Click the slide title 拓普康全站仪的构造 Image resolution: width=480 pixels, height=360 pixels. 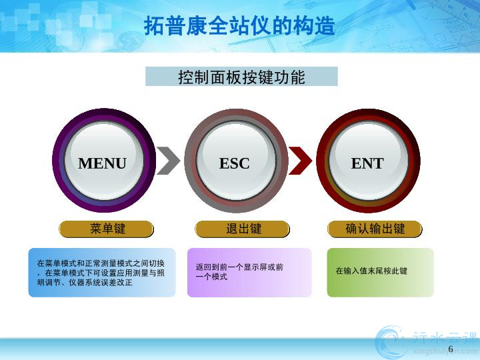pyautogui.click(x=239, y=26)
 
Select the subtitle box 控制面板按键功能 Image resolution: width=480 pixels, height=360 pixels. pyautogui.click(x=241, y=77)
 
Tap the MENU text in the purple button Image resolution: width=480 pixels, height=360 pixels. pyautogui.click(x=102, y=163)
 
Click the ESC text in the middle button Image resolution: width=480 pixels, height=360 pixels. pyautogui.click(x=235, y=163)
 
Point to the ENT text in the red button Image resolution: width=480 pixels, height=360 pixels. pyautogui.click(x=367, y=163)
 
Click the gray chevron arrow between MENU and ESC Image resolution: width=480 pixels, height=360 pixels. pyautogui.click(x=169, y=161)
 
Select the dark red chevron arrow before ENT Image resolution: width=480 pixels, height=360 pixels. pyautogui.click(x=301, y=161)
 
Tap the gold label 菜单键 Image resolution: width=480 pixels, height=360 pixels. pyautogui.click(x=106, y=229)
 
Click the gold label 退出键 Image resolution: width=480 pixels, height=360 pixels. pyautogui.click(x=242, y=229)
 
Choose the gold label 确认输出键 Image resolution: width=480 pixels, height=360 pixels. pyautogui.click(x=375, y=229)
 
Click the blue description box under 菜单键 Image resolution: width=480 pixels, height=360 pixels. pyautogui.click(x=102, y=273)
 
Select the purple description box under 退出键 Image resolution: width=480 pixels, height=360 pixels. pyautogui.click(x=249, y=273)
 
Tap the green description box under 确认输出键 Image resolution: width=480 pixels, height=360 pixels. pyautogui.click(x=381, y=273)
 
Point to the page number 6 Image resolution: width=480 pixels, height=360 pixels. pyautogui.click(x=451, y=349)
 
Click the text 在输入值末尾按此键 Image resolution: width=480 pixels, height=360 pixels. pyautogui.click(x=371, y=271)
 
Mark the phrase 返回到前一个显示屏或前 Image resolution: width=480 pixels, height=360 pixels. pyautogui.click(x=239, y=267)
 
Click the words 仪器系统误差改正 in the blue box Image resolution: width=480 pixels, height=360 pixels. pyautogui.click(x=101, y=282)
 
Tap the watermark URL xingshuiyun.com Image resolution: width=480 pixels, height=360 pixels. pyautogui.click(x=445, y=351)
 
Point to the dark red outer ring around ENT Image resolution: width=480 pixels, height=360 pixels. pyautogui.click(x=321, y=161)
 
